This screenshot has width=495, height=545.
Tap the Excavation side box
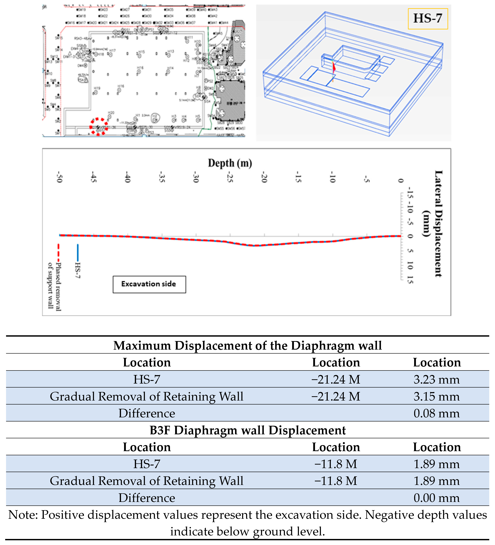(149, 284)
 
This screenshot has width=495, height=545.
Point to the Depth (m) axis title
(230, 163)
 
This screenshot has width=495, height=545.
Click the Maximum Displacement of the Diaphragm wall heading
(247, 345)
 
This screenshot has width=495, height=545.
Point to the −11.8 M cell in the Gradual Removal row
(336, 481)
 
